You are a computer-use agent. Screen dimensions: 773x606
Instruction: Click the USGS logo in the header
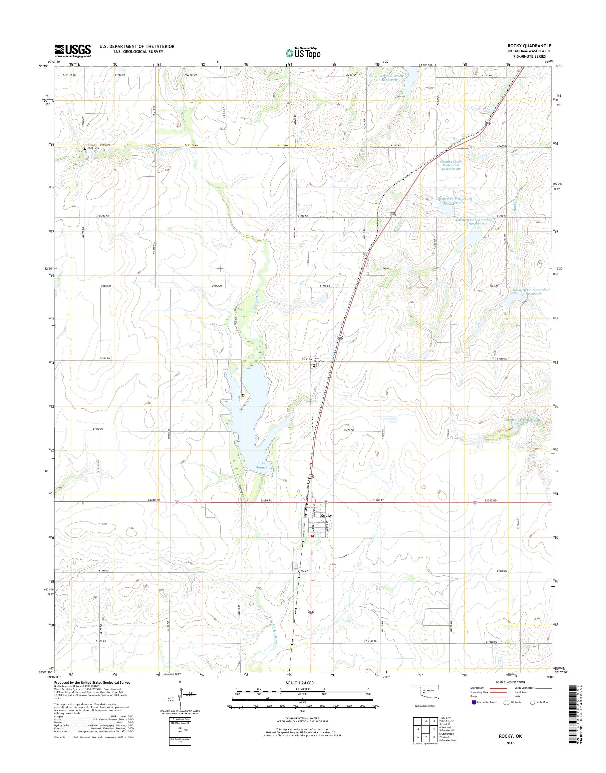[x=73, y=51]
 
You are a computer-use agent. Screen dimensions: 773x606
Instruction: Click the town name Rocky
[x=326, y=515]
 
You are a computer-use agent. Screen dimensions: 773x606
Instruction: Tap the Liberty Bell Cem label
[x=93, y=146]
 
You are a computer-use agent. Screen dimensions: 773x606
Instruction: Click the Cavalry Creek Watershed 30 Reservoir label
[x=450, y=165]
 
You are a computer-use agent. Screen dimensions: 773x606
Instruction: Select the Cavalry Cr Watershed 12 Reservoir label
[x=531, y=292]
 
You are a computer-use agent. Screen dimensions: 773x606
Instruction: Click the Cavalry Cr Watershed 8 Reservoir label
[x=521, y=422]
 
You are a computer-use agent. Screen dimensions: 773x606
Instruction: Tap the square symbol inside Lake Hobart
[x=243, y=395]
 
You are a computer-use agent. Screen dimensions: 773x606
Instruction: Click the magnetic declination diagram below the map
[x=180, y=702]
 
